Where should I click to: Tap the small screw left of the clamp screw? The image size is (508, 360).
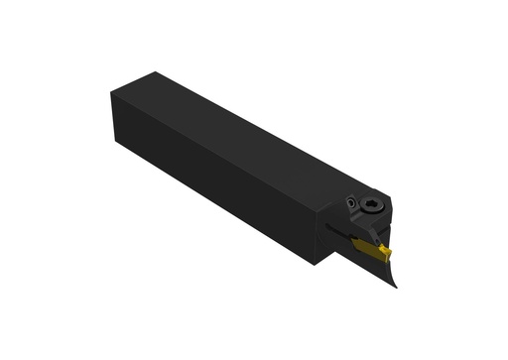(351, 203)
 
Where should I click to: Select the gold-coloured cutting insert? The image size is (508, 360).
(372, 251)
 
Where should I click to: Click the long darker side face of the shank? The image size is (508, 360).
(218, 183)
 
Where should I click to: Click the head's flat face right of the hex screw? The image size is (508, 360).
(390, 212)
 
